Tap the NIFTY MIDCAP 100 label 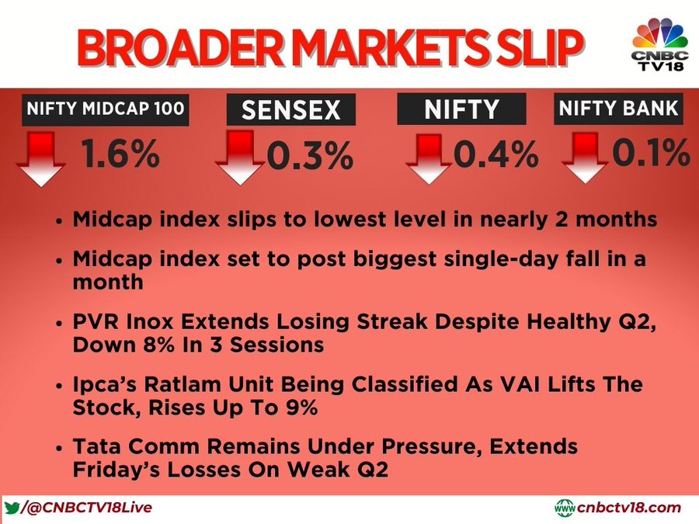point(106,109)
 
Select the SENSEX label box point(291,109)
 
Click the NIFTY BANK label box point(618,109)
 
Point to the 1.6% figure point(120,154)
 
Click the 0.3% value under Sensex point(310,155)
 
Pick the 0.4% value point(496,154)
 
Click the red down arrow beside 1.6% point(41,158)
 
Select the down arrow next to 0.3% point(240,158)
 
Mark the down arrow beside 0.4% point(429,159)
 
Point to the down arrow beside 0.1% point(585,158)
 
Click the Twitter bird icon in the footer point(12,508)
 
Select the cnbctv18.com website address point(618,508)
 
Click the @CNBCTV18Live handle point(87,508)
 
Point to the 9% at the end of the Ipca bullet point(301,408)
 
